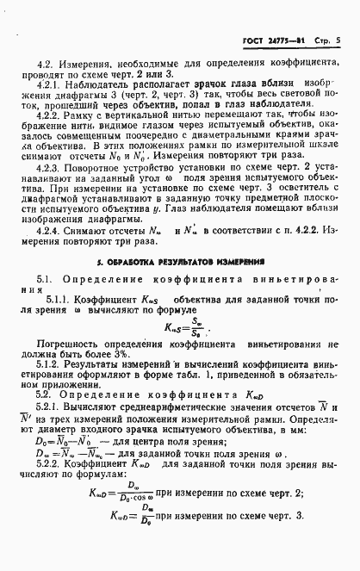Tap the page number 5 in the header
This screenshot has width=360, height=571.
339,39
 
